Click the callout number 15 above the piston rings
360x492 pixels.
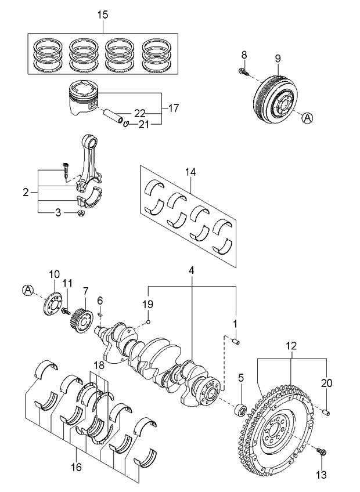(103, 15)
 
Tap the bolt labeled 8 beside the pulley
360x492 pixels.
(243, 71)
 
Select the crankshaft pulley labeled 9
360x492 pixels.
(276, 96)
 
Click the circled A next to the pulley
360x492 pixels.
(308, 118)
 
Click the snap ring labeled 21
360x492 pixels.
(126, 124)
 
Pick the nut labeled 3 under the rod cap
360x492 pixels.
(81, 214)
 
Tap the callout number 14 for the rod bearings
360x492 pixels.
(190, 172)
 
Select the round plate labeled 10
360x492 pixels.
(52, 304)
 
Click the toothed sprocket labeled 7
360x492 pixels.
(81, 320)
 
